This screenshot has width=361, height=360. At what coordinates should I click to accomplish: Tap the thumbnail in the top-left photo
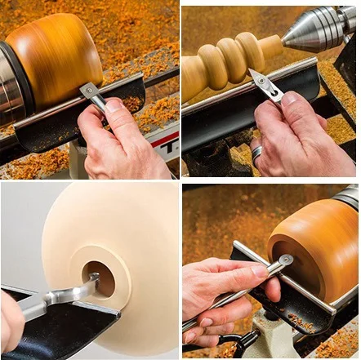tap(114, 105)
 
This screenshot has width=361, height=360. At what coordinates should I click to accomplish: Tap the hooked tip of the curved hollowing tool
tap(92, 285)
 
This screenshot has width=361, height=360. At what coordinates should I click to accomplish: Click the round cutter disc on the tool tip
tap(283, 261)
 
